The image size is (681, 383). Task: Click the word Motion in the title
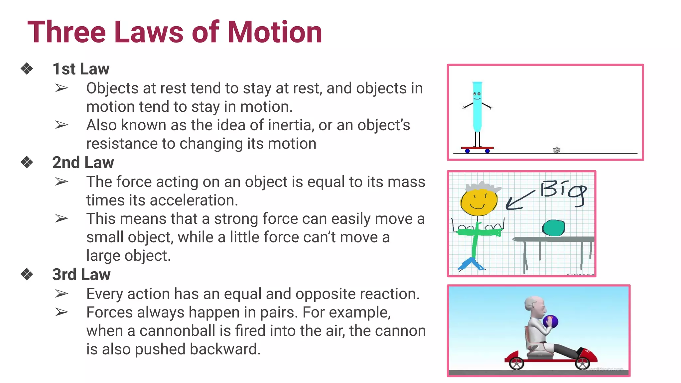[x=275, y=32]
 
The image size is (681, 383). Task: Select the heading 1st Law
[x=81, y=69]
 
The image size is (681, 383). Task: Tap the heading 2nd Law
[x=83, y=163]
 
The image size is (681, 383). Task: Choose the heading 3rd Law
[x=81, y=275]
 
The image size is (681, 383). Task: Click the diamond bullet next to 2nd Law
[x=27, y=163]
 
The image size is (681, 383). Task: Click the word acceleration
[x=194, y=200]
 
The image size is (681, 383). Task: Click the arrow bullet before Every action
[x=62, y=294]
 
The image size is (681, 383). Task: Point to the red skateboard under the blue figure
[x=477, y=148]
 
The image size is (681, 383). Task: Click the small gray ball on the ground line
[x=557, y=150]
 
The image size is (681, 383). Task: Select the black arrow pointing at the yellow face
[x=519, y=200]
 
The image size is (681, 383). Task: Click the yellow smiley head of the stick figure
[x=479, y=201]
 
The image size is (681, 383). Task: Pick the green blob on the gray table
[x=554, y=228]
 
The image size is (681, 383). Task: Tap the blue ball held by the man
[x=550, y=321]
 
